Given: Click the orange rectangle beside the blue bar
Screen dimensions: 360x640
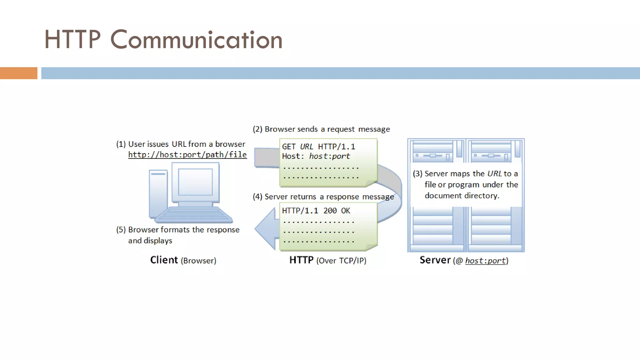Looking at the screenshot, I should point(18,73).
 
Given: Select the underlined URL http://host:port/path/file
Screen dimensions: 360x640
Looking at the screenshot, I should point(187,155).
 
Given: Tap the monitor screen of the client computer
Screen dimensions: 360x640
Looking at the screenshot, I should point(195,182).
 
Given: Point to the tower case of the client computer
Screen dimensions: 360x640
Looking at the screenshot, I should point(158,194).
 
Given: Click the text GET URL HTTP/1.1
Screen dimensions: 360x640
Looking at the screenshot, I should point(318,147).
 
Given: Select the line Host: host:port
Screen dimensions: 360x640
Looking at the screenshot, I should point(316,156).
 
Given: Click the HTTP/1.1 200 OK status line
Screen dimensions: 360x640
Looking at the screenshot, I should point(316,211).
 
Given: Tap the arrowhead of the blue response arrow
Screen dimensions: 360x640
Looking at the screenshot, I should point(266,229).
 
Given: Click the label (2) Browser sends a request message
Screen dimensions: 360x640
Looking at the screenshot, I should point(321,129).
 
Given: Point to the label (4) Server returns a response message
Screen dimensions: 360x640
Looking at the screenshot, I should point(323,197).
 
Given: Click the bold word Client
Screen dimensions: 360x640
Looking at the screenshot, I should point(164,260).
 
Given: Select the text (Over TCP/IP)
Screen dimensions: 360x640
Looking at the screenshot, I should point(341,261).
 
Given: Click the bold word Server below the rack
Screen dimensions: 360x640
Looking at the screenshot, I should point(435,260).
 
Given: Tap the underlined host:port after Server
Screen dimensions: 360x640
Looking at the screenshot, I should point(485,261).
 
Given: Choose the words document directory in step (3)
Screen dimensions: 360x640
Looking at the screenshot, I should point(462,196).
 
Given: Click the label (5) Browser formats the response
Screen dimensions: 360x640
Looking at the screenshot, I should point(177,230).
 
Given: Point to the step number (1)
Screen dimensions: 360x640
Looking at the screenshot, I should point(121,144).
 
